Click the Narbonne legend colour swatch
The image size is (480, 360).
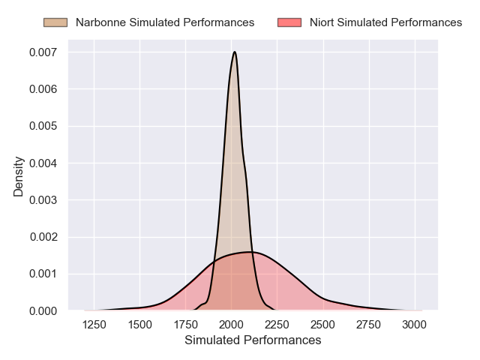click(x=55, y=22)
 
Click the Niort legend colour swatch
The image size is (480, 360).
click(x=289, y=22)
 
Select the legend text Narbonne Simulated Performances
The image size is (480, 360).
click(x=165, y=22)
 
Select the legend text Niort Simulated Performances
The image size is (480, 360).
click(x=385, y=22)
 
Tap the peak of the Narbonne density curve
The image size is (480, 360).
click(x=235, y=52)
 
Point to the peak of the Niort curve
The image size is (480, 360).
click(x=247, y=252)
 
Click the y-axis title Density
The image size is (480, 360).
click(x=19, y=175)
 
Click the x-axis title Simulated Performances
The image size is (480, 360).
click(x=253, y=340)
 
